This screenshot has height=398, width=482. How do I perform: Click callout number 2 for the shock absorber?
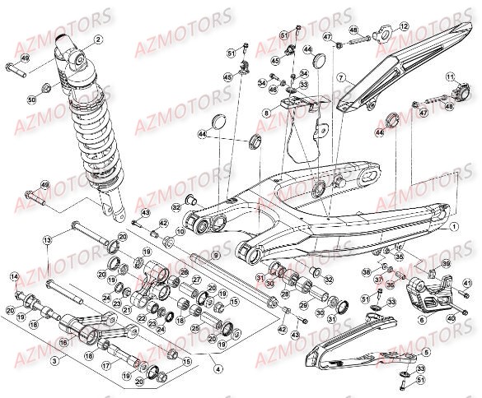pos(99,39)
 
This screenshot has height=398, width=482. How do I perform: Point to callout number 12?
pos(405,27)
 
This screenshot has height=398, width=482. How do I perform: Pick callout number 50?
pos(32,99)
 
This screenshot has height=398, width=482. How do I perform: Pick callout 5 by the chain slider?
pos(426,351)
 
